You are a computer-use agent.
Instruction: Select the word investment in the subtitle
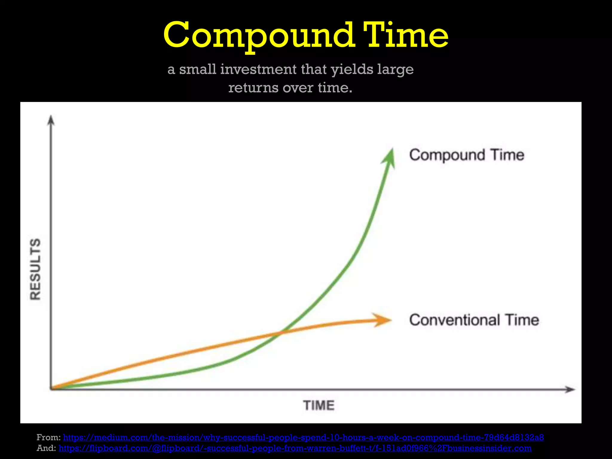[258, 69]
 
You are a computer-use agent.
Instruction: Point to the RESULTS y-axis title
[35, 269]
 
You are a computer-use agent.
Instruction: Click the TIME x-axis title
[319, 406]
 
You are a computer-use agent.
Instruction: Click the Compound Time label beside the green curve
[466, 155]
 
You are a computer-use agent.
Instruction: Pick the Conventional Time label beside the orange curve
[474, 320]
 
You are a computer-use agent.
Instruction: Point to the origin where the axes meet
[51, 389]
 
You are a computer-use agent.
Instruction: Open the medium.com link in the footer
[303, 437]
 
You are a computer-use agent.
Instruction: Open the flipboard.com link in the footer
[295, 448]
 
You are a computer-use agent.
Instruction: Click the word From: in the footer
[48, 437]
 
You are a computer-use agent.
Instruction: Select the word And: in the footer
[46, 448]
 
